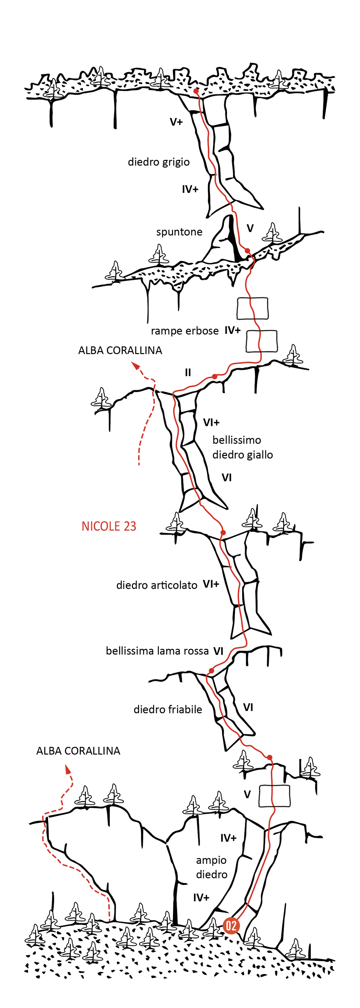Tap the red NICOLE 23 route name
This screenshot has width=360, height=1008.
109,526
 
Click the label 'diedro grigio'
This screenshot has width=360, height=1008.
159,162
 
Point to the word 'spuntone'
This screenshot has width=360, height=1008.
179,232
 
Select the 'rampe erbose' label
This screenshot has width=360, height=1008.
185,331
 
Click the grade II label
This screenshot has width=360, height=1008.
188,373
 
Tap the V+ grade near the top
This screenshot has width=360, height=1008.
176,122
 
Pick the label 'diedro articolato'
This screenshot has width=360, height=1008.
156,585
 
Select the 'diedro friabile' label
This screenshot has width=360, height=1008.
168,709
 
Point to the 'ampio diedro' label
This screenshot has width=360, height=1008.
212,867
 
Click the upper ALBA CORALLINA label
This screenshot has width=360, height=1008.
120,350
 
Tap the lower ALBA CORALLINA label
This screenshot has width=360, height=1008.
78,751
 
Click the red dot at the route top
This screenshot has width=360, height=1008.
196,91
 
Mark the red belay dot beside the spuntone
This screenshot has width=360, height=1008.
247,250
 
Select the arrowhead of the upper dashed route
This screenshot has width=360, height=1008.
135,366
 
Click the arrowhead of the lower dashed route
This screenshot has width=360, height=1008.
68,770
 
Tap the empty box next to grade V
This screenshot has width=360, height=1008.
275,796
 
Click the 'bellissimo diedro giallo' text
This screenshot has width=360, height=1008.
242,447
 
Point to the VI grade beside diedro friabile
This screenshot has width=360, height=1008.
248,708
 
